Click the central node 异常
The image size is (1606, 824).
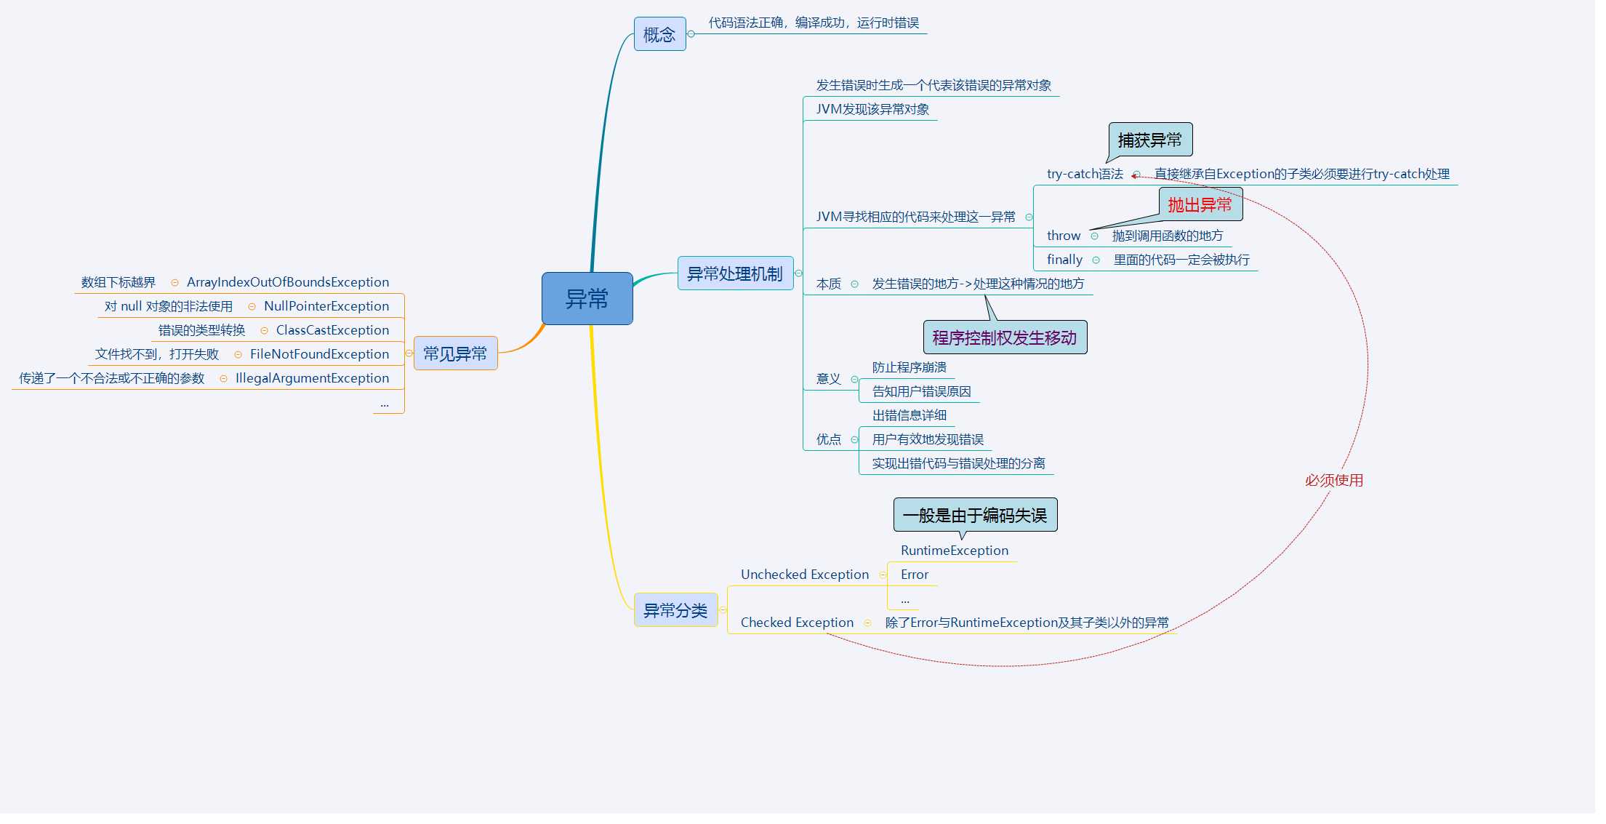(587, 298)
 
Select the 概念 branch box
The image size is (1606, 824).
(659, 34)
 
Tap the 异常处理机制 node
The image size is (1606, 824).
(735, 273)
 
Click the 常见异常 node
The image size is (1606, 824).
(455, 353)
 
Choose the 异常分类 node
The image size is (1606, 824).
(675, 610)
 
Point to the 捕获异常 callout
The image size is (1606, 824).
(1150, 140)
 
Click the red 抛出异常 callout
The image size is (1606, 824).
(1200, 204)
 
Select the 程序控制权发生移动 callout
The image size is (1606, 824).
(1005, 337)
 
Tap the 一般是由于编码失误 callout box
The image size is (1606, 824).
(975, 515)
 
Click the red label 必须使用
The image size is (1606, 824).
(1334, 480)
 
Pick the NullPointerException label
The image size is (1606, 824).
(326, 306)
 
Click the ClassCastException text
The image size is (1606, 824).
(332, 330)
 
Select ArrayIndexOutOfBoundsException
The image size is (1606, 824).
(288, 282)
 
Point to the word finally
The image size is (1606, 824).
(1064, 260)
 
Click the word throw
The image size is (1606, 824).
(1063, 236)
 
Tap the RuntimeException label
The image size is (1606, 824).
(955, 551)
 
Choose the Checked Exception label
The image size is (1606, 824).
(797, 623)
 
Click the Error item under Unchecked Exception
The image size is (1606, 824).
(915, 575)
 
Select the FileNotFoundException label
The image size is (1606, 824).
(319, 354)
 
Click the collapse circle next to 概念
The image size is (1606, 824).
(691, 34)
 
